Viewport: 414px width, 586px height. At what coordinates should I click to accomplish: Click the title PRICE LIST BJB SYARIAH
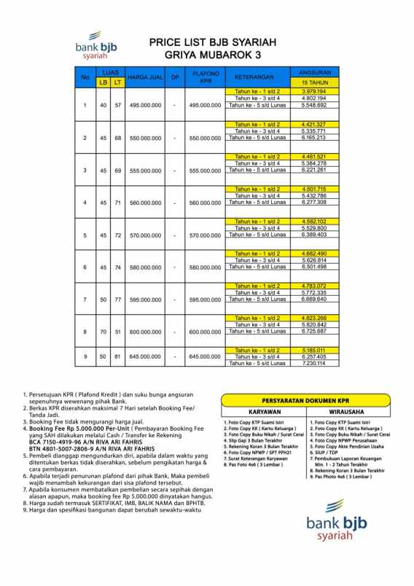pos(209,43)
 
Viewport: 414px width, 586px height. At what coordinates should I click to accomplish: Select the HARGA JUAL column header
pos(144,77)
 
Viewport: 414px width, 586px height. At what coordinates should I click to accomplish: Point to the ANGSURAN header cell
pos(313,72)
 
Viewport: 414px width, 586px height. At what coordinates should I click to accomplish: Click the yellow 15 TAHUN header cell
pos(313,82)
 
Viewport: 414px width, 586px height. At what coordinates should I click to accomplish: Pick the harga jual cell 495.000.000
pos(144,106)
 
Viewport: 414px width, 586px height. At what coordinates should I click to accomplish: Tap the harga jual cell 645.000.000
pos(144,357)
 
